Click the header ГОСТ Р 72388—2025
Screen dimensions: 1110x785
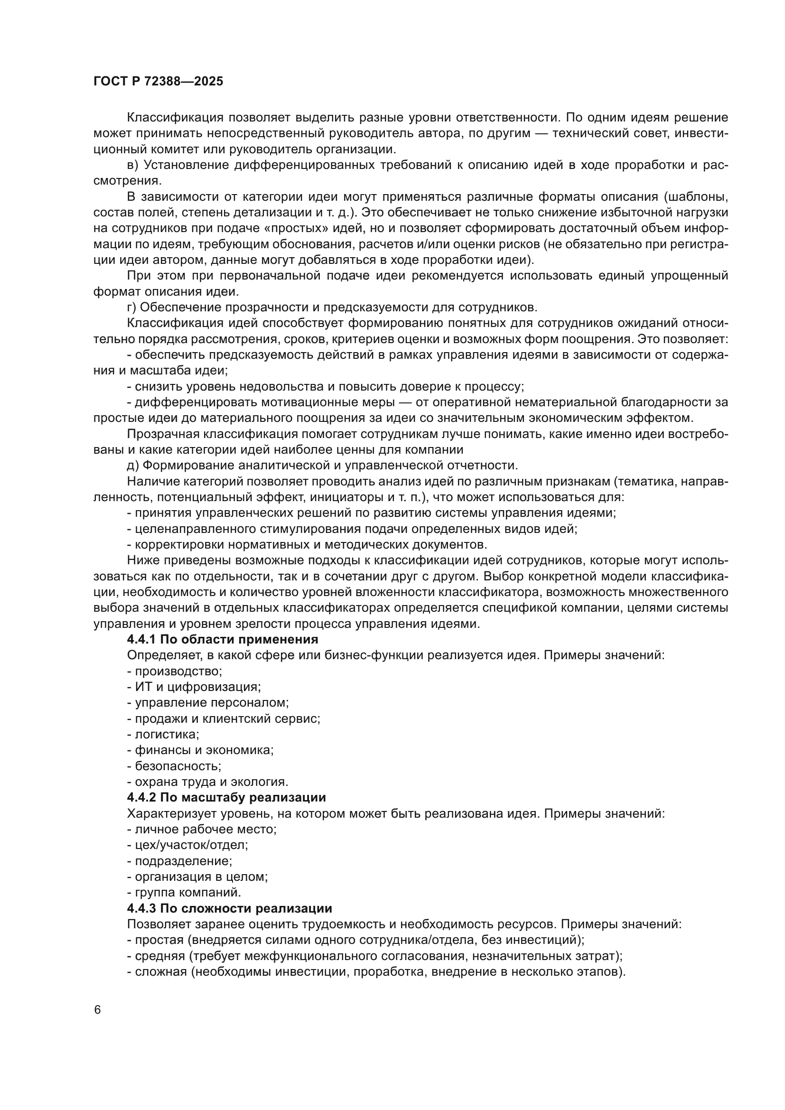coord(158,81)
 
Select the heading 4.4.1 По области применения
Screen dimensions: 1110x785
coord(222,640)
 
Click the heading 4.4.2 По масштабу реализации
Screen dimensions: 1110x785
coord(226,798)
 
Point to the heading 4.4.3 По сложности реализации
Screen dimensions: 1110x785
coord(229,908)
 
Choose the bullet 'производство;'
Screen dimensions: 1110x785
coord(175,672)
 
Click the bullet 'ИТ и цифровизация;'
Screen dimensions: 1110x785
coord(194,687)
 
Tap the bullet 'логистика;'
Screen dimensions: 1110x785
coord(163,734)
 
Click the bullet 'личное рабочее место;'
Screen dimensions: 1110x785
coord(202,830)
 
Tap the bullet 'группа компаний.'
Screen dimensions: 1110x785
coord(184,893)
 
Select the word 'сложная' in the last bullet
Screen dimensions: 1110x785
coord(160,972)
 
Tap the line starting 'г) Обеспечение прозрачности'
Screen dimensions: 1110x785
coord(332,308)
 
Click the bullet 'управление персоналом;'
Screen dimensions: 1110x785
coord(208,703)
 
